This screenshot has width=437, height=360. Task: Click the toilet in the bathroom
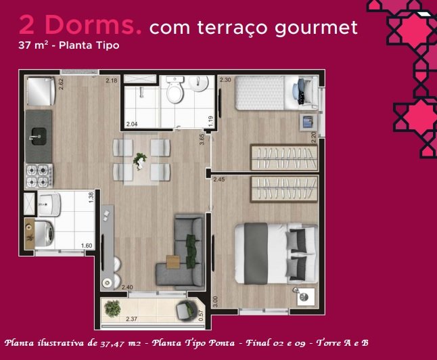pos(175,89)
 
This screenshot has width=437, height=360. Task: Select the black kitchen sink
pos(39,137)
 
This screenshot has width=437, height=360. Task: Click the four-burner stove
pos(39,176)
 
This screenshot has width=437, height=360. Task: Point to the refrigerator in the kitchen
pos(41,91)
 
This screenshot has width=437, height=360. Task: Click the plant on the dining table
pos(139,161)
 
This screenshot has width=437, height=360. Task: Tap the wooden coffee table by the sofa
pos(173,262)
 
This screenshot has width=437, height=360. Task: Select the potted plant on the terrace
pos(112,309)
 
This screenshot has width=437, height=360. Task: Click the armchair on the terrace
pos(185,311)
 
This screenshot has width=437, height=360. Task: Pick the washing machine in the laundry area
pos(45,234)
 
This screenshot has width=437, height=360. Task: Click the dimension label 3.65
pos(202,139)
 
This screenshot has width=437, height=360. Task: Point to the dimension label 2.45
pos(219,179)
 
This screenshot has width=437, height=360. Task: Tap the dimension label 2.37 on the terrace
pos(131,319)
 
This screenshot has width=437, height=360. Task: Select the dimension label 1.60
pos(87,246)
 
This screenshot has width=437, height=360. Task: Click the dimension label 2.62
pos(61,84)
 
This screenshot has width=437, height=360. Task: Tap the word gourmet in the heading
pos(316,28)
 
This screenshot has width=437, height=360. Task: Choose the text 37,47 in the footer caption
pos(111,343)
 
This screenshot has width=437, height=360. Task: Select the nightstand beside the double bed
pos(306,297)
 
